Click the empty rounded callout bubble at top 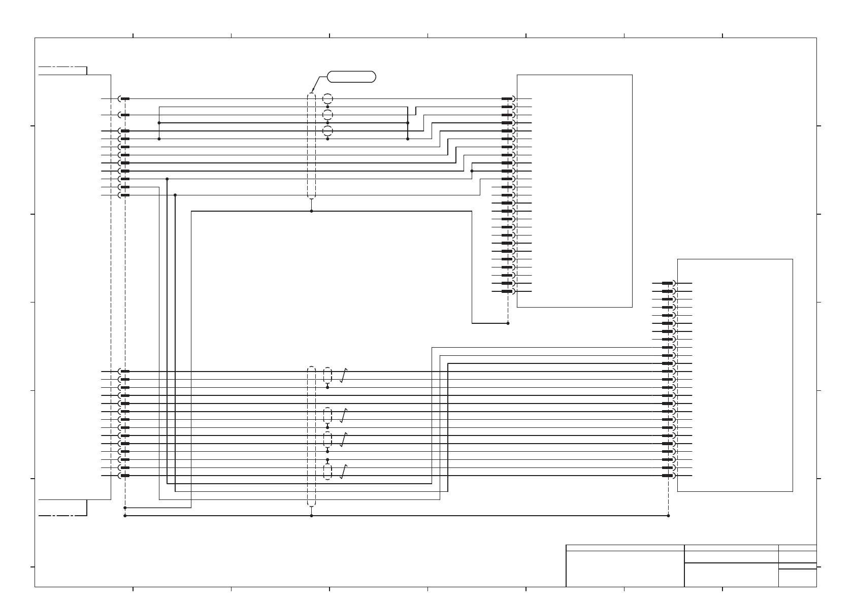tap(351, 77)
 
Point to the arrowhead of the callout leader tap(312, 92)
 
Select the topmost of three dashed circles tap(327, 99)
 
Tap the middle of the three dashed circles tap(327, 115)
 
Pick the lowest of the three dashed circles tap(327, 131)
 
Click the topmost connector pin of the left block tap(124, 99)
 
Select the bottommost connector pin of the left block tap(124, 476)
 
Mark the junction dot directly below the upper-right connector tap(508, 323)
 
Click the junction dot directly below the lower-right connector tap(668, 516)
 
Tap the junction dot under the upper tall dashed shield tap(311, 211)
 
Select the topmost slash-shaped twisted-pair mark tap(344, 376)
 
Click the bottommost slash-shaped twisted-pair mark tap(344, 472)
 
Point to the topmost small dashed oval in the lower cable tap(327, 376)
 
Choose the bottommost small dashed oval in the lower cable tap(327, 472)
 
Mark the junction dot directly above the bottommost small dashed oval tap(327, 460)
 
